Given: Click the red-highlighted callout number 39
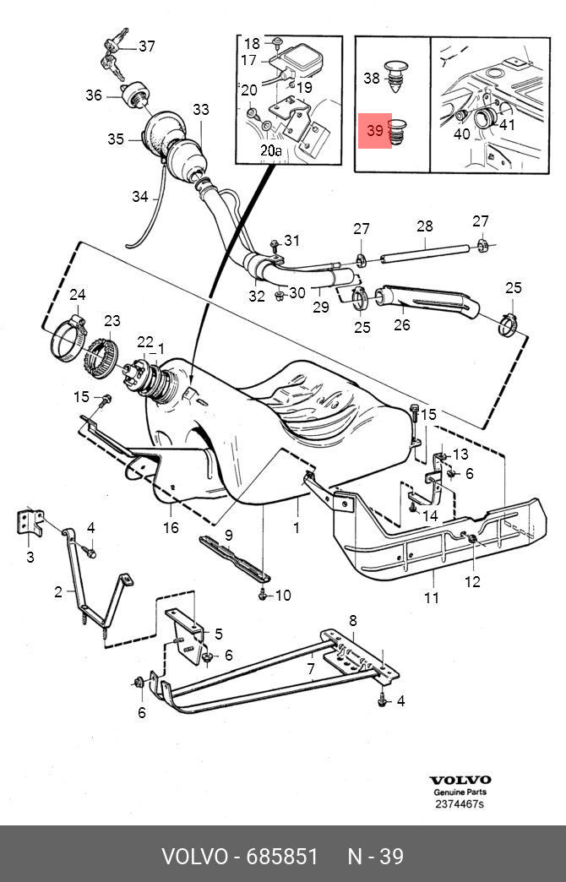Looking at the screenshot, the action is pyautogui.click(x=374, y=130).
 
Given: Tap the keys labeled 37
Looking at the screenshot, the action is pyautogui.click(x=116, y=54).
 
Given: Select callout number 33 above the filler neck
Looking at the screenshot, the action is pyautogui.click(x=201, y=109).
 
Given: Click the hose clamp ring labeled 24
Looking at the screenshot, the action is pyautogui.click(x=70, y=339).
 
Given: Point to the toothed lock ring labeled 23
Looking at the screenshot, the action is pyautogui.click(x=102, y=357).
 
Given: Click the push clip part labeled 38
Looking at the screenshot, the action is pyautogui.click(x=397, y=77).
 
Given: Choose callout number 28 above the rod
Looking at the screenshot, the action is pyautogui.click(x=425, y=226).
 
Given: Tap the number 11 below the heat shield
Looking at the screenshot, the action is pyautogui.click(x=432, y=596).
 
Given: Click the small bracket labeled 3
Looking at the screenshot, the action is pyautogui.click(x=30, y=523).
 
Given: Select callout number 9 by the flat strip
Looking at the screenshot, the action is pyautogui.click(x=228, y=535).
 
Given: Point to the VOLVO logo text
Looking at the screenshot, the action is pyautogui.click(x=460, y=780).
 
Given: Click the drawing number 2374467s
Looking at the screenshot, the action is pyautogui.click(x=459, y=803).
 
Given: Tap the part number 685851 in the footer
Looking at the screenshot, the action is pyautogui.click(x=282, y=857).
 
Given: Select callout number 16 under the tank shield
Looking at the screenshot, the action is pyautogui.click(x=171, y=527).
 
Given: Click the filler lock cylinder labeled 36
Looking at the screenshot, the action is pyautogui.click(x=136, y=94).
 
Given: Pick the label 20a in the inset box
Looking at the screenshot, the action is pyautogui.click(x=270, y=150).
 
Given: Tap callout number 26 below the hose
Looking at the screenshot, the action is pyautogui.click(x=402, y=324).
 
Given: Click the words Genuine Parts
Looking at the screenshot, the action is pyautogui.click(x=460, y=792).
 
